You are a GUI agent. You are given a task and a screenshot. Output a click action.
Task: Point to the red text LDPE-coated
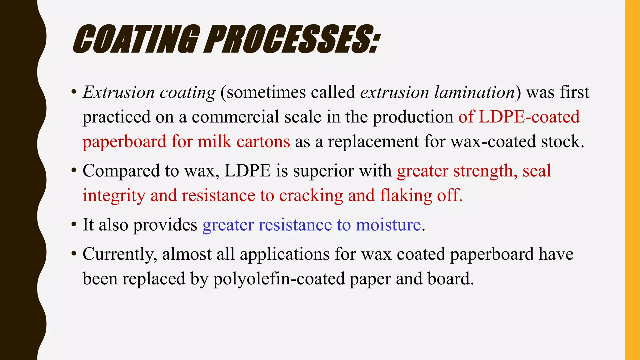click(x=529, y=117)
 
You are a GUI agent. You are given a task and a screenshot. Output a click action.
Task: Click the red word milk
click(x=214, y=142)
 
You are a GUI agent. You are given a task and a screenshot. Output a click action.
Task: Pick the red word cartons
click(x=263, y=142)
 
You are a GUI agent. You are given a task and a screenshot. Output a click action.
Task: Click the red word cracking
click(x=311, y=196)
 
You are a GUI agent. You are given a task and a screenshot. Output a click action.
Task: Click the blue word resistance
click(x=295, y=225)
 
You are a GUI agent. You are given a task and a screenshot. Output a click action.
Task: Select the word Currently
click(x=120, y=254)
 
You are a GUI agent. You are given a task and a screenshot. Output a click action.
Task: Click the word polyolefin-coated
click(x=279, y=279)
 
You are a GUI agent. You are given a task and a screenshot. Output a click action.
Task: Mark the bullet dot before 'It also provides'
click(x=74, y=224)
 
